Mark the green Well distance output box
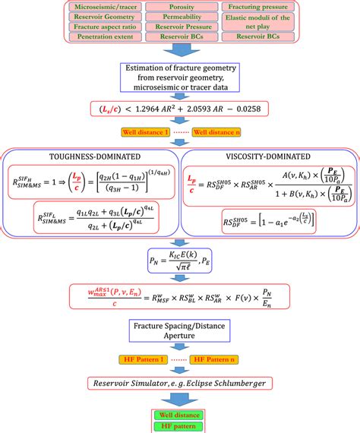[180, 415]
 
